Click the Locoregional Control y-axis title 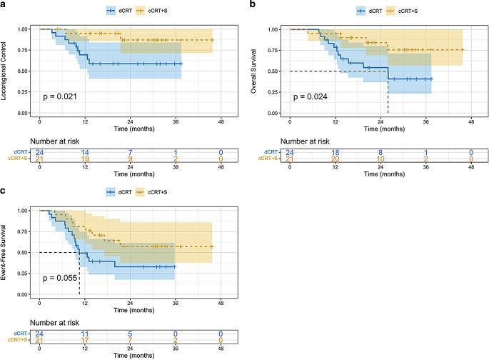(6, 71)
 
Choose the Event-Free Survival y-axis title (6, 253)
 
